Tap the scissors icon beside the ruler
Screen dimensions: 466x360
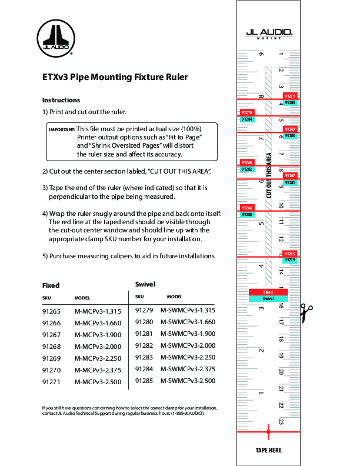coord(306,313)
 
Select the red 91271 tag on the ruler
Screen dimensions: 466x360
coord(289,96)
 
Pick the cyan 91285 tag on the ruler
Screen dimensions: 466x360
coord(289,102)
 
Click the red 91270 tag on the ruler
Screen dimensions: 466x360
coord(247,112)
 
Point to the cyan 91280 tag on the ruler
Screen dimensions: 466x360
coord(247,215)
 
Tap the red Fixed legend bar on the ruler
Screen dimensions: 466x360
coord(268,292)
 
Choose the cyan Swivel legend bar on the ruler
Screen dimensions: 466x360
coord(268,299)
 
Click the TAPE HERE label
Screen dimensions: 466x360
coord(268,450)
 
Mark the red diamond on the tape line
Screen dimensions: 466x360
coord(268,432)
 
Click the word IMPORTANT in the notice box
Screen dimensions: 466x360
coord(62,129)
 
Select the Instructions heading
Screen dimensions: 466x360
coord(61,100)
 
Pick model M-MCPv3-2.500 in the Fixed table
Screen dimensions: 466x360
coord(98,381)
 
